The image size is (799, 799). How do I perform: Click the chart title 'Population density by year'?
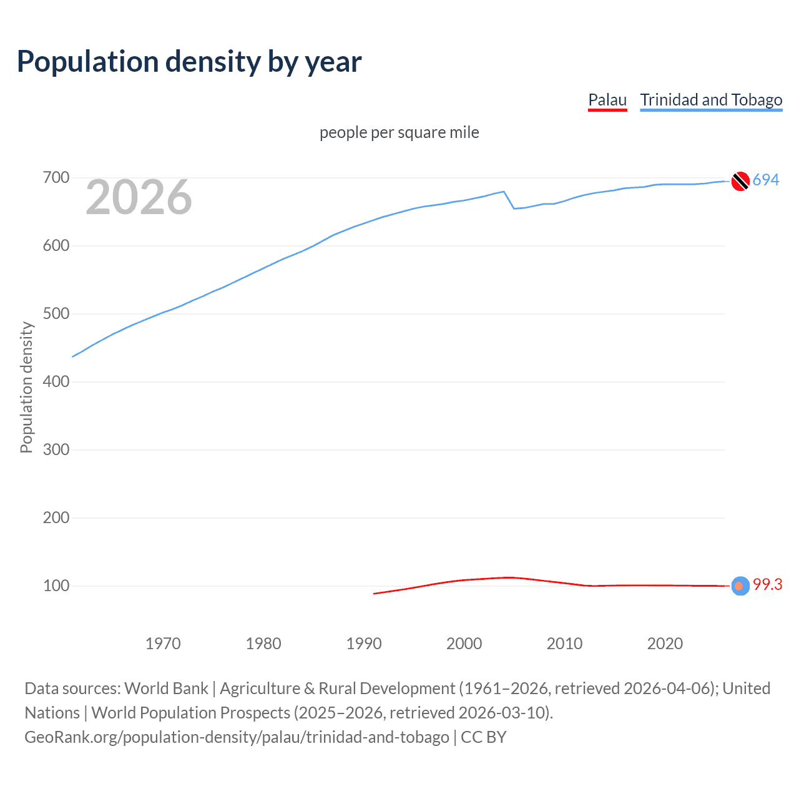pyautogui.click(x=189, y=62)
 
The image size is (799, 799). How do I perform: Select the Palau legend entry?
pyautogui.click(x=607, y=100)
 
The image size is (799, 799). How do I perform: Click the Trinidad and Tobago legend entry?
pyautogui.click(x=711, y=100)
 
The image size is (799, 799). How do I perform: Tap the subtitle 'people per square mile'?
pyautogui.click(x=399, y=132)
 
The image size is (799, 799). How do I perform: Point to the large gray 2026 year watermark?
pyautogui.click(x=139, y=197)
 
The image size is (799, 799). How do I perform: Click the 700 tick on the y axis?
pyautogui.click(x=56, y=178)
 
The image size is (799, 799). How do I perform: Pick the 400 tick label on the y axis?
pyautogui.click(x=56, y=381)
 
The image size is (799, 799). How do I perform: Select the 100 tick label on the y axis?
pyautogui.click(x=56, y=586)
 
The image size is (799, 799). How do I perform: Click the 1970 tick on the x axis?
pyautogui.click(x=163, y=644)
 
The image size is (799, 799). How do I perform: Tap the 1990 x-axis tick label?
pyautogui.click(x=364, y=644)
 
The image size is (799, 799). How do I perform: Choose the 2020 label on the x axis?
pyautogui.click(x=665, y=644)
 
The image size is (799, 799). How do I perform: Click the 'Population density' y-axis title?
pyautogui.click(x=26, y=387)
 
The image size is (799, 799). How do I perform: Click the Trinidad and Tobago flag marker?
pyautogui.click(x=740, y=181)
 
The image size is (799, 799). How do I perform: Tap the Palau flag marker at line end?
pyautogui.click(x=740, y=586)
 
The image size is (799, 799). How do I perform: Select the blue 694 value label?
pyautogui.click(x=766, y=180)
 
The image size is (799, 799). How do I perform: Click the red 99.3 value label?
pyautogui.click(x=767, y=584)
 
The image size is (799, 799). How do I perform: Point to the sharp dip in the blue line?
pyautogui.click(x=514, y=208)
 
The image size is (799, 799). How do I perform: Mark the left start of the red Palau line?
pyautogui.click(x=374, y=594)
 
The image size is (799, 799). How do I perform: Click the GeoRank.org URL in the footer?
pyautogui.click(x=237, y=737)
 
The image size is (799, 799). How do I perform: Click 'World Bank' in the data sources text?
pyautogui.click(x=166, y=689)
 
